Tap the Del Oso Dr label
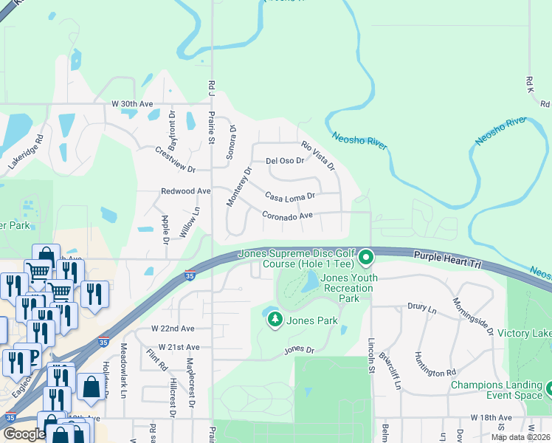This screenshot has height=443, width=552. [x=285, y=160]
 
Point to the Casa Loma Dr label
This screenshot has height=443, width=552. [x=291, y=196]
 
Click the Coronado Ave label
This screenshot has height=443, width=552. [x=288, y=215]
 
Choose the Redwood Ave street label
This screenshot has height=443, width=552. [x=186, y=190]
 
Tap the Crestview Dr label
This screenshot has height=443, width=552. [x=175, y=159]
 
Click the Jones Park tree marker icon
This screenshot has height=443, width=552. [x=275, y=319]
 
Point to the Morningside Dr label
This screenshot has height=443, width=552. [x=472, y=316]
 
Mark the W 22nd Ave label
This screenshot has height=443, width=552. [x=172, y=328]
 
